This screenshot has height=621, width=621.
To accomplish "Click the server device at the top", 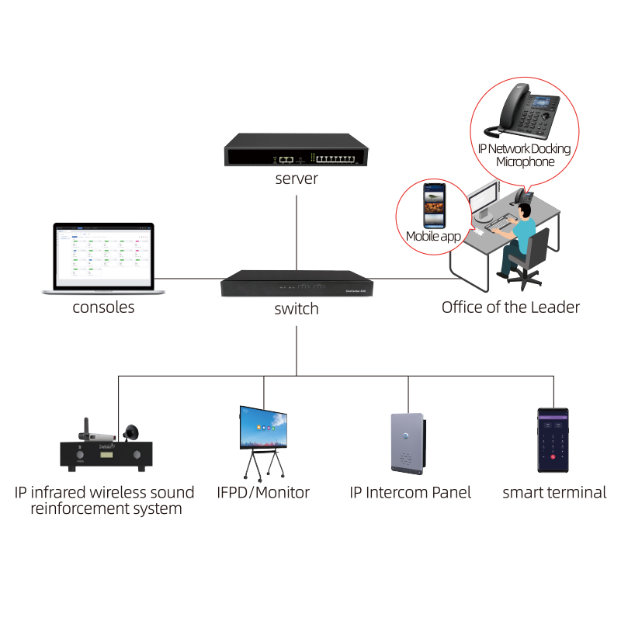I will [297, 150].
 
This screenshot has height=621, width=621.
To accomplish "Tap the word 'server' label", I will [297, 179].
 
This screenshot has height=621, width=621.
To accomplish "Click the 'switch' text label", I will [297, 309].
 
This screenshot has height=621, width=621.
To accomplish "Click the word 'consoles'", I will [103, 307].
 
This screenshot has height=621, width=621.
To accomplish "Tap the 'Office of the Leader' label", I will [510, 307].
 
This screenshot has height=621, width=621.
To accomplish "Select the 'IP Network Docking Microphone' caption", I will [525, 155].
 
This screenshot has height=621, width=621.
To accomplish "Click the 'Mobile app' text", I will [432, 236].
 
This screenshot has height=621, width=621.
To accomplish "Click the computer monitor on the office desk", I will [484, 201].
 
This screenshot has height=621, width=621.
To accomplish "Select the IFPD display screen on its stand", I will [263, 428].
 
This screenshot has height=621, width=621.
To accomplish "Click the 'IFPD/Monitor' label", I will [263, 492].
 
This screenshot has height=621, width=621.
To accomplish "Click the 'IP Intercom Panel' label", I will [410, 492].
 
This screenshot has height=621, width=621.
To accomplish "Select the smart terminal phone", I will [553, 440].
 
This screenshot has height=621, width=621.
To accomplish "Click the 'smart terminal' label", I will [553, 492].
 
